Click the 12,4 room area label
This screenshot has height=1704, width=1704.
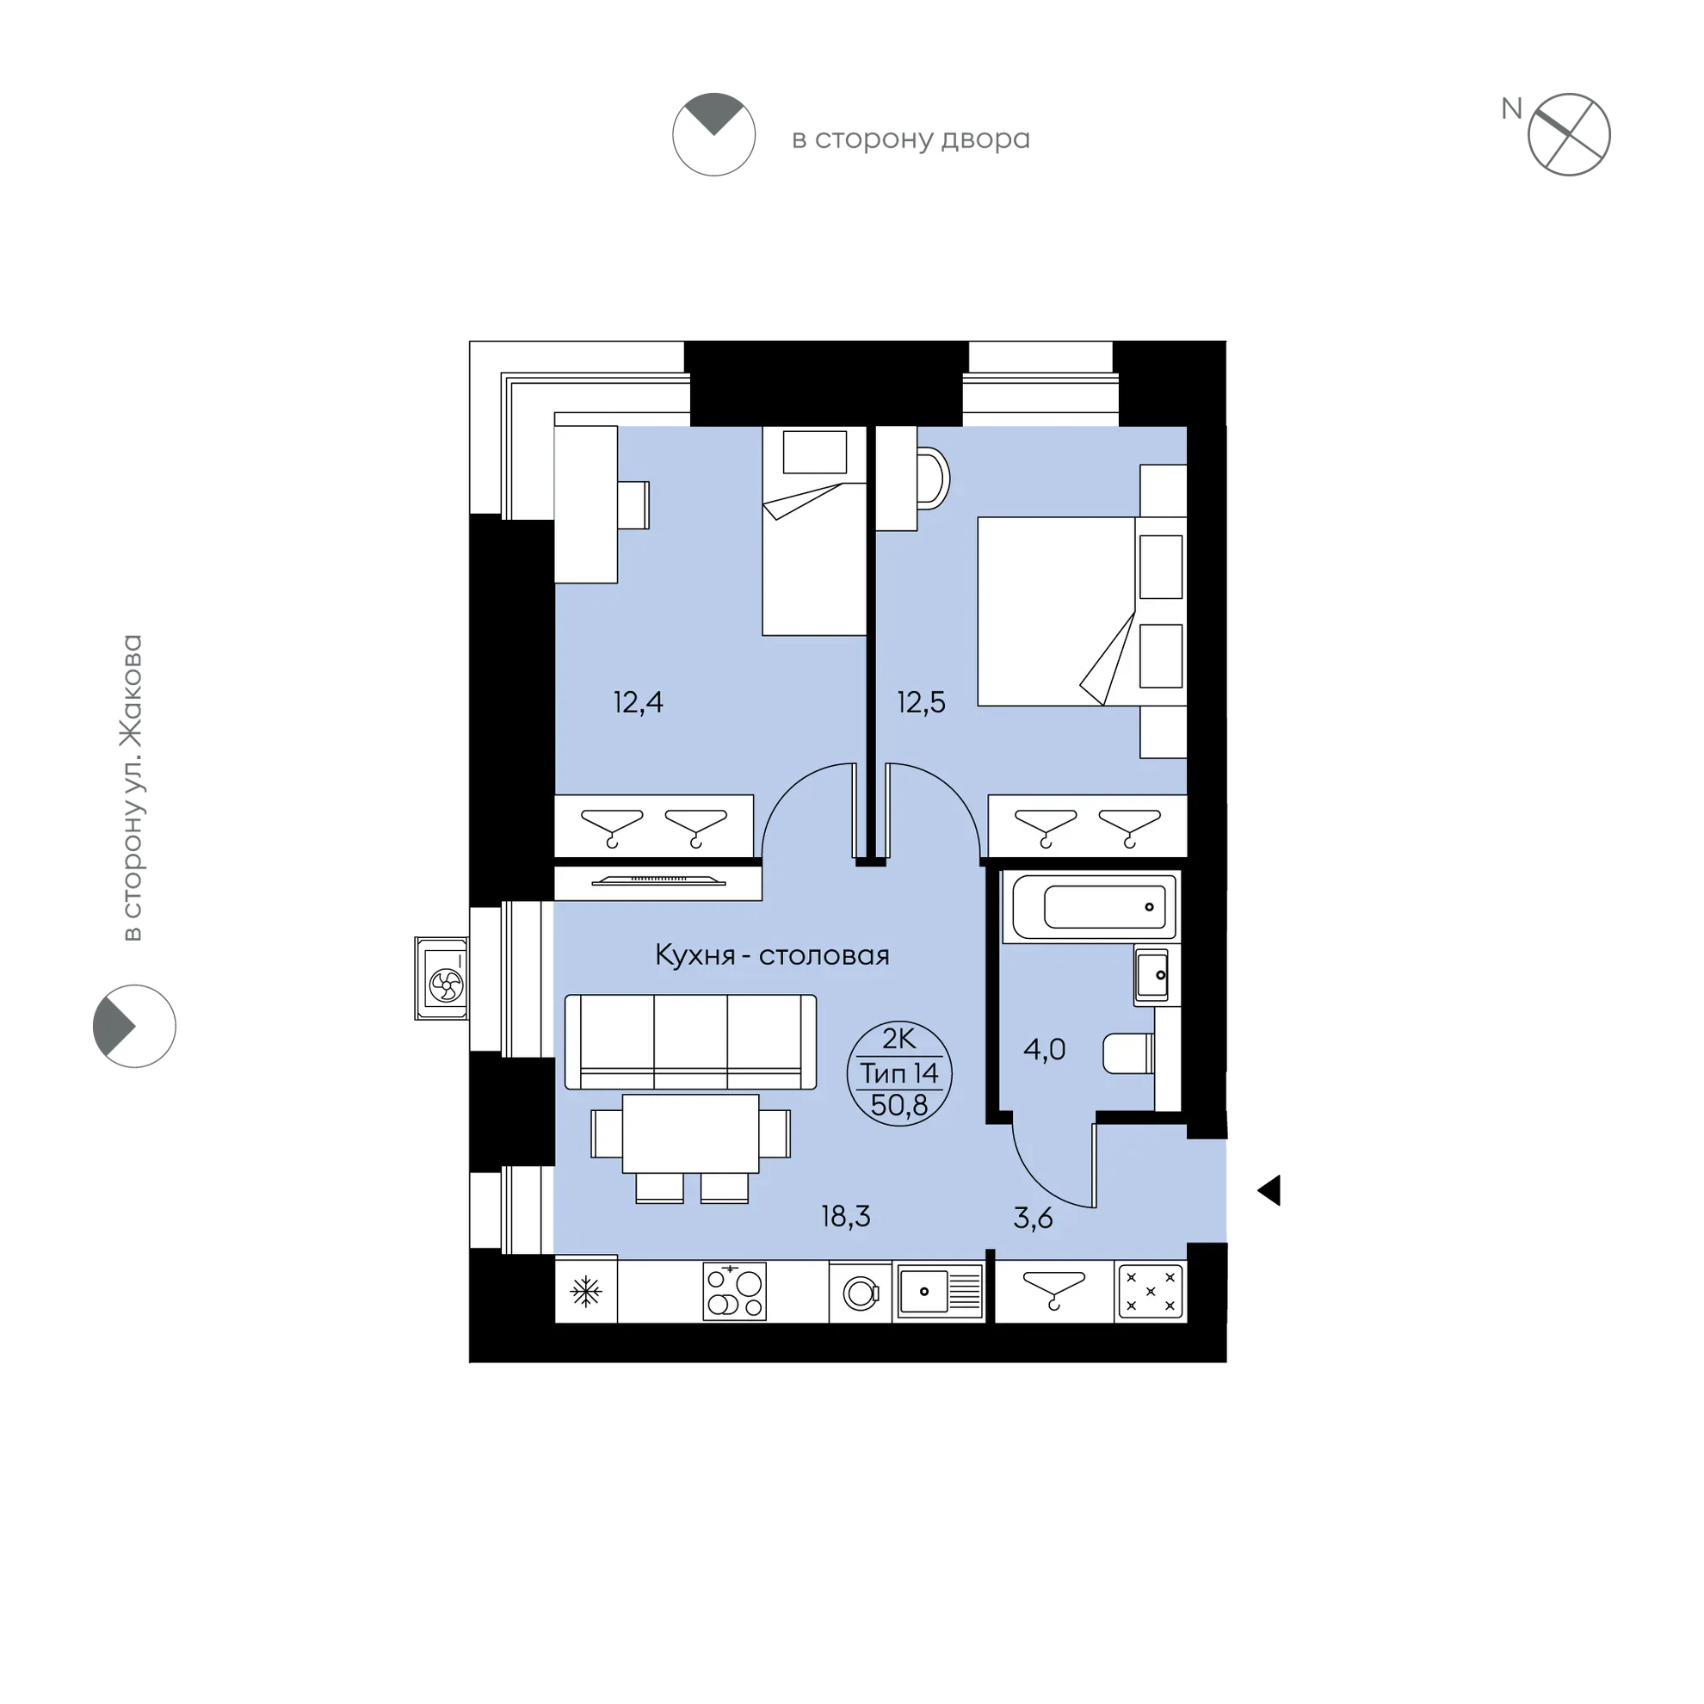[638, 702]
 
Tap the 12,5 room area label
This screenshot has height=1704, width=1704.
[921, 702]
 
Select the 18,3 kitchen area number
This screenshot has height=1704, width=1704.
[846, 1216]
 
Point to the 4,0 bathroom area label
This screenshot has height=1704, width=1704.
[1044, 1050]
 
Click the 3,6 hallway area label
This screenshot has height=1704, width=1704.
[1033, 1218]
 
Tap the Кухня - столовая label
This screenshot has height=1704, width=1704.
[772, 955]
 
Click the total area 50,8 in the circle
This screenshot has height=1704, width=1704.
[898, 1105]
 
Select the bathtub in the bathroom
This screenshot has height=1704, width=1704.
[1094, 907]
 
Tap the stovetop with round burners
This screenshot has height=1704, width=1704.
[735, 1292]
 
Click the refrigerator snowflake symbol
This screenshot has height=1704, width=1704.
[585, 1293]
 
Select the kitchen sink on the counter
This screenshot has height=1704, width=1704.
[939, 1292]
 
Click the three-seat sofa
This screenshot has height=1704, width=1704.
[690, 1041]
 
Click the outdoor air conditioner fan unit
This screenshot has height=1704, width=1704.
[441, 979]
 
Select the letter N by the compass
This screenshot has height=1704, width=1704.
[1512, 108]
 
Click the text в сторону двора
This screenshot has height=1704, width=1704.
[911, 139]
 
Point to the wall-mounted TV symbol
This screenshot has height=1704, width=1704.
[659, 880]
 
